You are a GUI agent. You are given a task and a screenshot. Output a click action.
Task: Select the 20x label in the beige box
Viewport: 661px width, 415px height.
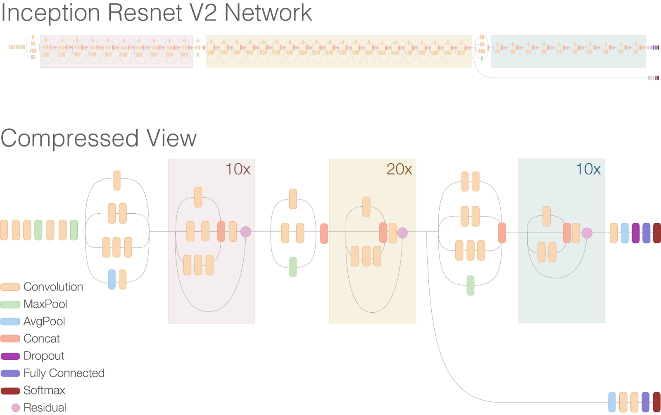pos(399,169)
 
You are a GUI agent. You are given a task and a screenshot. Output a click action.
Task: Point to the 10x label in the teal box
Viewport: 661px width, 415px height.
pos(588,169)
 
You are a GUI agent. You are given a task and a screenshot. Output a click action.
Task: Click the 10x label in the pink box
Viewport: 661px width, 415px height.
pos(238,169)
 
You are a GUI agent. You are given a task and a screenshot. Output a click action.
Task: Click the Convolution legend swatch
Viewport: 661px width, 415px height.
pos(10,287)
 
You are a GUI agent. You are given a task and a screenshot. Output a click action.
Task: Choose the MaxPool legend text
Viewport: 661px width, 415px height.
pos(45,304)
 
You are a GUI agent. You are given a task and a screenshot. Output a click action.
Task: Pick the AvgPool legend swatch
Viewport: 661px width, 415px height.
pos(10,322)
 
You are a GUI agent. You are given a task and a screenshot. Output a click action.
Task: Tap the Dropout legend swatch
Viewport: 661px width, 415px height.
pos(10,356)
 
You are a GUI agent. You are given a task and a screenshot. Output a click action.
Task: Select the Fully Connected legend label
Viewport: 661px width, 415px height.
pos(64,373)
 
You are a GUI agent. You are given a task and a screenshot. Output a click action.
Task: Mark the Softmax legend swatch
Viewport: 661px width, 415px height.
pos(10,391)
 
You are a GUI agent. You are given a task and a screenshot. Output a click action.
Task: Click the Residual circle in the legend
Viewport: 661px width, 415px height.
pos(16,408)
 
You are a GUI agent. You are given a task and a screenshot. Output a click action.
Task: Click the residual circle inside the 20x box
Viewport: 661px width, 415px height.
pos(402,233)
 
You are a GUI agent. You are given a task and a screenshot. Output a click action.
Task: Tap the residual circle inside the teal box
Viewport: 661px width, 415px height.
pos(587,233)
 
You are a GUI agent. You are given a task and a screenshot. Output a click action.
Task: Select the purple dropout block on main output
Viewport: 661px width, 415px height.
pos(635,233)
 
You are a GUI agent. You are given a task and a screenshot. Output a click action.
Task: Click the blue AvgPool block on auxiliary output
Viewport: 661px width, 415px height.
pos(612,402)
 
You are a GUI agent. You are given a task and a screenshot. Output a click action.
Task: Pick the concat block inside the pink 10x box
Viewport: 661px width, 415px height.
pos(221,231)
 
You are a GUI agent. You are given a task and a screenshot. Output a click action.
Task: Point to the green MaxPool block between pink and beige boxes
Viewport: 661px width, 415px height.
pos(293,267)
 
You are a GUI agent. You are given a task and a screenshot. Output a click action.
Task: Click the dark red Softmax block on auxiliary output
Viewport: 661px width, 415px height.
pos(656,402)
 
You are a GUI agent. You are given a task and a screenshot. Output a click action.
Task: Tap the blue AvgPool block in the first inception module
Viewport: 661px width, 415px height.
pos(112,279)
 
